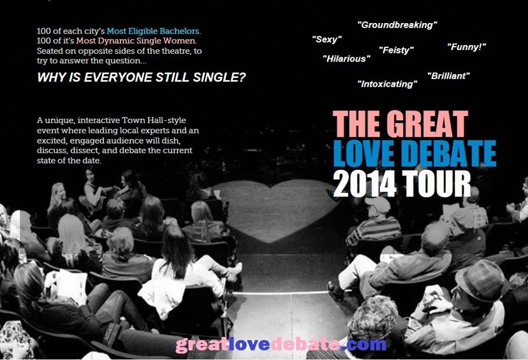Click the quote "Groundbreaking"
click(397, 25)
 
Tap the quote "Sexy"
click(327, 40)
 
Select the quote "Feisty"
click(396, 50)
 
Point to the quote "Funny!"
click(466, 47)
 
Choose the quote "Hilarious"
click(346, 59)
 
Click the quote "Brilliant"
click(448, 76)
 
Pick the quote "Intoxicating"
click(387, 84)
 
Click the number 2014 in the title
click(364, 184)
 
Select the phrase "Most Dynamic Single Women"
click(136, 41)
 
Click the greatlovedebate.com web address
click(281, 345)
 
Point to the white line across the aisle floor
click(279, 293)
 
